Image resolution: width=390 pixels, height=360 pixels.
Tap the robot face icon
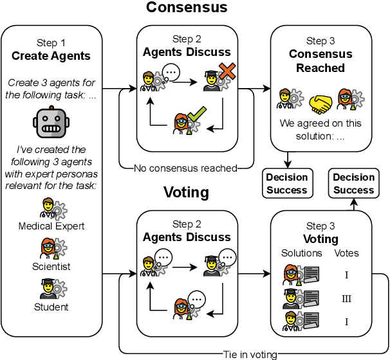point(51,122)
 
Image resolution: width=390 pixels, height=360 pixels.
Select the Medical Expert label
point(51,226)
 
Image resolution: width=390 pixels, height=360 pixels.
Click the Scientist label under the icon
point(51,266)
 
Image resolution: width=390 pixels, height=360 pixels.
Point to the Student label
point(51,307)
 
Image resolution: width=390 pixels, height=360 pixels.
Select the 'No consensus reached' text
point(185,168)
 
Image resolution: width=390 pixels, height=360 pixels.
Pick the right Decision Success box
point(353,183)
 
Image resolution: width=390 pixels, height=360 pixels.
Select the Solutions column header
point(301,253)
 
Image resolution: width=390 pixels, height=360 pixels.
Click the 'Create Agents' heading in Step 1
point(51,56)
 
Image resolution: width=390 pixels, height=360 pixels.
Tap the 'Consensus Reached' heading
point(320,61)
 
